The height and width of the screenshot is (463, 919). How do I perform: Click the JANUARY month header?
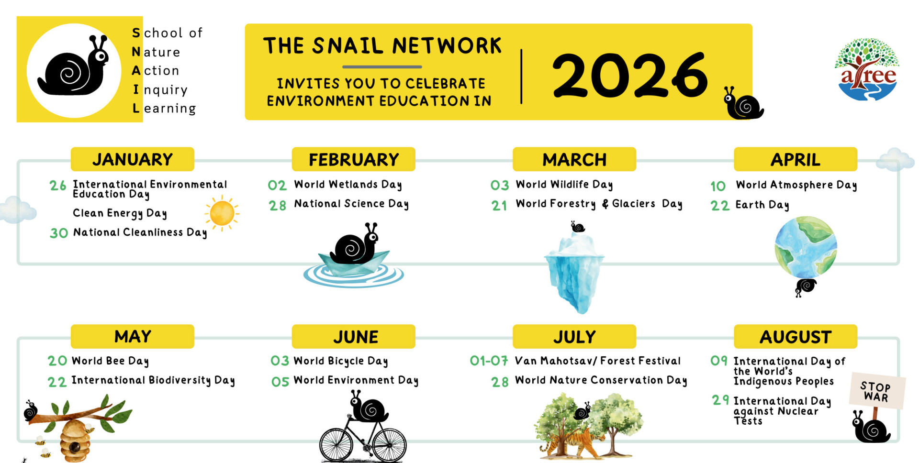click(133, 159)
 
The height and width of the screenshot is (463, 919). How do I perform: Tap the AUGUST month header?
click(796, 337)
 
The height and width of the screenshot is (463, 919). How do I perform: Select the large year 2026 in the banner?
click(630, 75)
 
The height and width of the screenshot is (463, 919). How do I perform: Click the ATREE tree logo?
click(867, 69)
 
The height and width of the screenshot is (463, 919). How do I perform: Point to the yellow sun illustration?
click(222, 213)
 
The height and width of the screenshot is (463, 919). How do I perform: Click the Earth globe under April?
click(806, 247)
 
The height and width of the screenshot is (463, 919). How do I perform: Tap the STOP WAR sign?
click(877, 391)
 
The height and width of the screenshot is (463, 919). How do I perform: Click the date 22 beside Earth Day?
click(720, 206)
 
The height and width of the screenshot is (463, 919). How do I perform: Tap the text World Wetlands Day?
click(348, 185)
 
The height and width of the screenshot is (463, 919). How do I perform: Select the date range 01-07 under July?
click(489, 361)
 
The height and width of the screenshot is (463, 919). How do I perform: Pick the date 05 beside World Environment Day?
click(280, 382)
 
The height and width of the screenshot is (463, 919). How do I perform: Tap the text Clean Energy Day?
click(120, 213)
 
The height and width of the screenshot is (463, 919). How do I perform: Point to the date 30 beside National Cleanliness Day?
click(59, 233)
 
